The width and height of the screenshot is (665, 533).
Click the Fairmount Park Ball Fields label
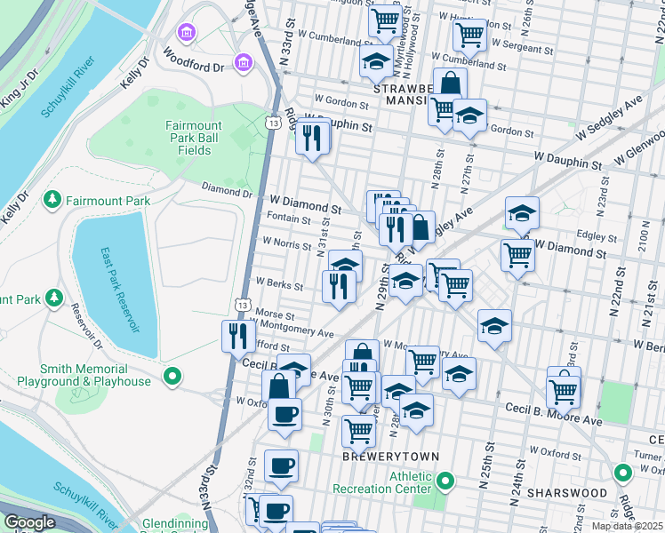point(188,138)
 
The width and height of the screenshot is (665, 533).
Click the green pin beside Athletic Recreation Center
point(446,481)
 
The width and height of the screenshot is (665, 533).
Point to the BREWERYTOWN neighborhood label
point(391,456)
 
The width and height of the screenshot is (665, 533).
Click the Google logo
point(29,522)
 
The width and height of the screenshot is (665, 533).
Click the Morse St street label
point(274,314)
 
